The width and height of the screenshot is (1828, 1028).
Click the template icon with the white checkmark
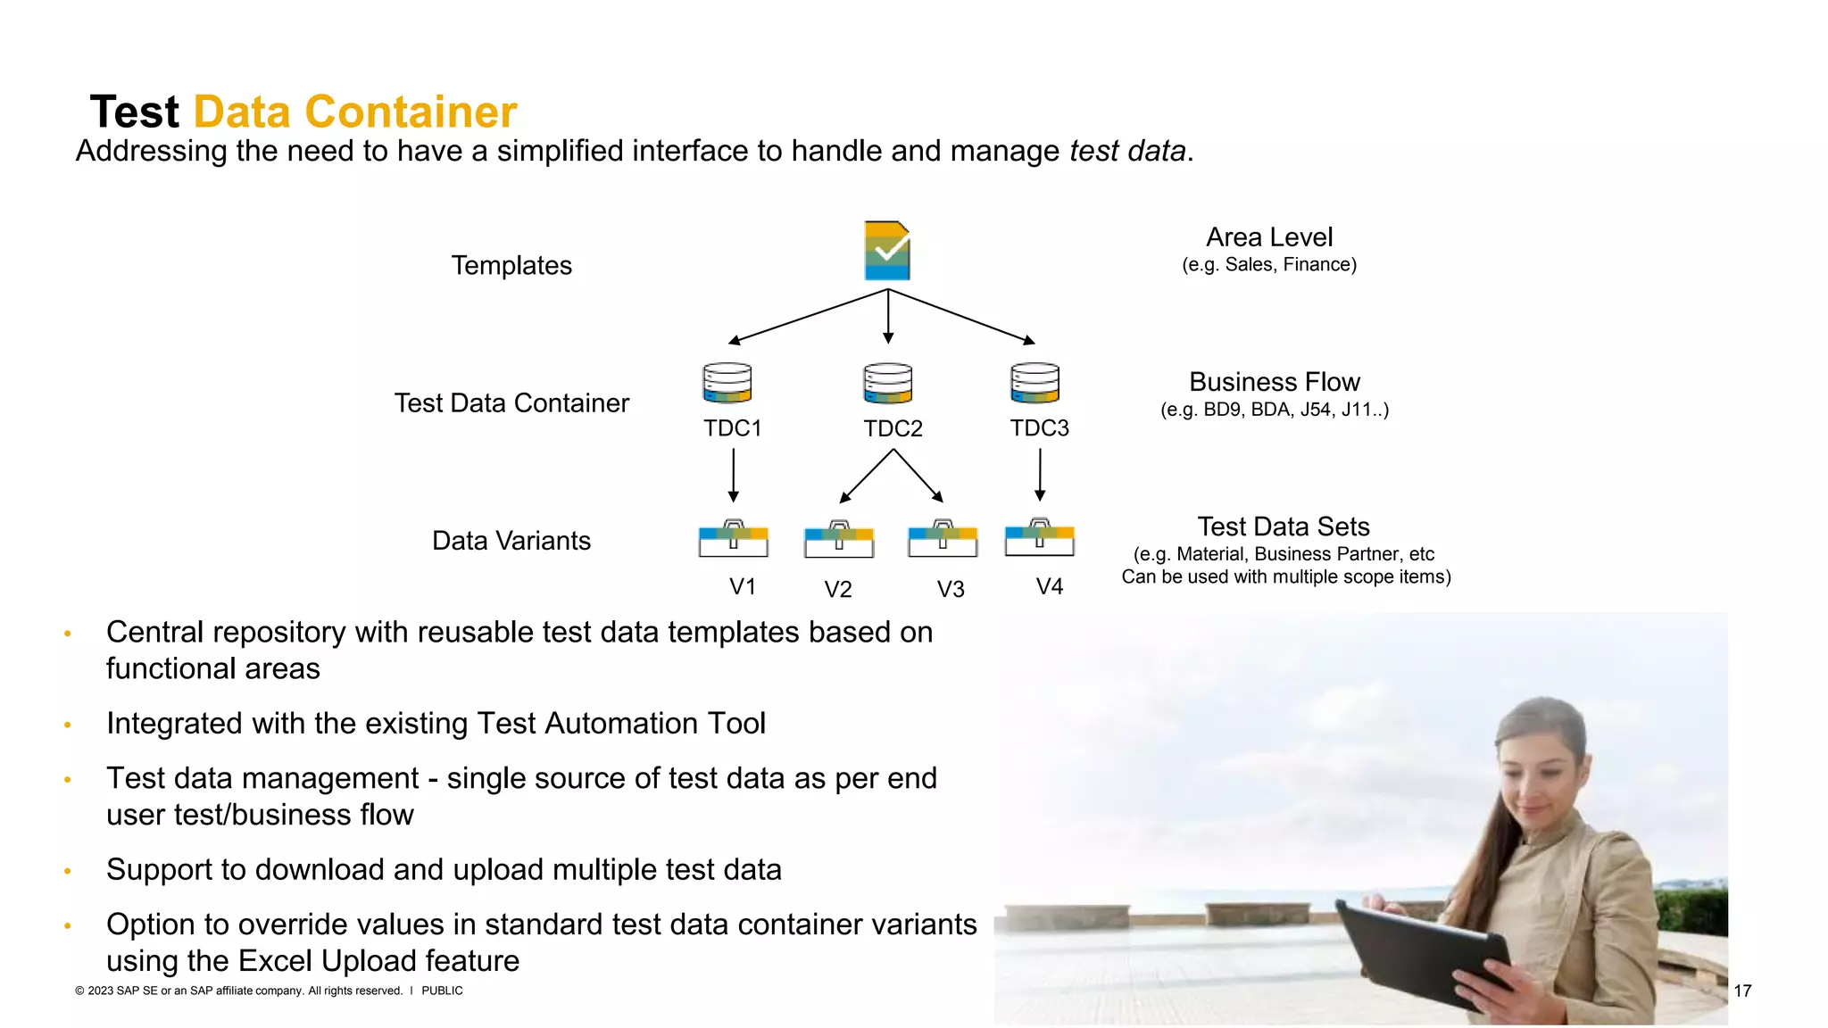click(887, 251)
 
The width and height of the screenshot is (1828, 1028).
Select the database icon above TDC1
click(727, 383)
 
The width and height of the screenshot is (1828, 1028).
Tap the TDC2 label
click(893, 428)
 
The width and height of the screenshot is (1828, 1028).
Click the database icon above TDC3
click(1034, 383)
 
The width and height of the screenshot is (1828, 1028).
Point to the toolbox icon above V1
click(733, 539)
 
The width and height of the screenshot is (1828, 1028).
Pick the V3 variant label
click(951, 589)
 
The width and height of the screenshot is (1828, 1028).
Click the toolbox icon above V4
click(1039, 538)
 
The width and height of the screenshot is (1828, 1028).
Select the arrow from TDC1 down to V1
click(733, 475)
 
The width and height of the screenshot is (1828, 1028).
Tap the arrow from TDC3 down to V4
click(1040, 475)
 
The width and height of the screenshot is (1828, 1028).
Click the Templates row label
click(511, 265)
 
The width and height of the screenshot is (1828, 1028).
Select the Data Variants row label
click(511, 541)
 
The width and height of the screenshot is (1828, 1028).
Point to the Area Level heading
click(1268, 237)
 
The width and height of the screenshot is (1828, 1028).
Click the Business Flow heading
click(1274, 382)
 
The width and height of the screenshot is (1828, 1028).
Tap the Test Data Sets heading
click(1283, 526)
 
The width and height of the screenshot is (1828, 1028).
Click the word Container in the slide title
click(411, 112)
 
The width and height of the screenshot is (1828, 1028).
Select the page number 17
click(1741, 991)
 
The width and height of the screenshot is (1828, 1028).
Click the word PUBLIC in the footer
click(442, 991)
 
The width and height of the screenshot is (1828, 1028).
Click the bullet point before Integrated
click(68, 725)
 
